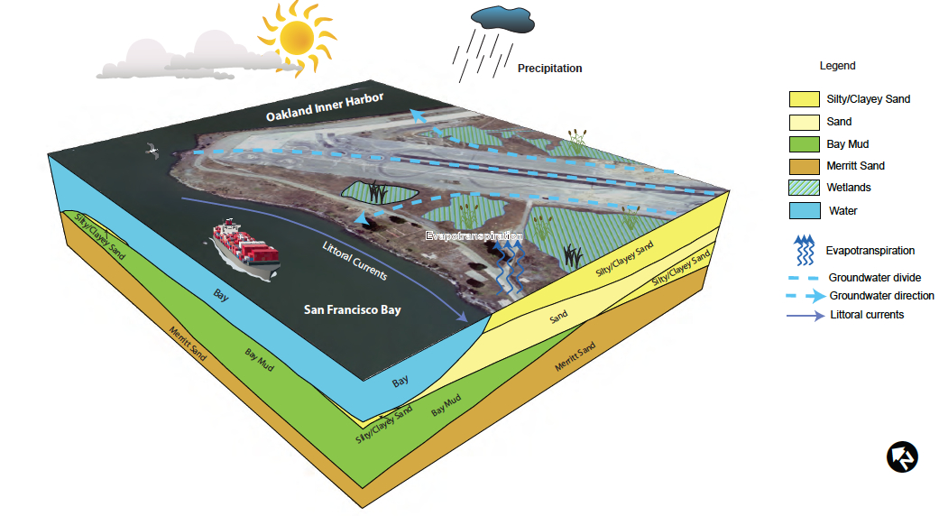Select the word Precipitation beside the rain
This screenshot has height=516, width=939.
[549, 69]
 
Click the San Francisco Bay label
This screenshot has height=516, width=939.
[352, 310]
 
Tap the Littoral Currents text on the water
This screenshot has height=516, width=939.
[354, 261]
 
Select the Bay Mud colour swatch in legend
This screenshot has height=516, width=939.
[802, 144]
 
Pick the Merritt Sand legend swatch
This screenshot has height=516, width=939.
[802, 166]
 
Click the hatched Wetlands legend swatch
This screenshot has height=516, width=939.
[802, 189]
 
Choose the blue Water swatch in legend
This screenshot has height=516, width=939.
[802, 211]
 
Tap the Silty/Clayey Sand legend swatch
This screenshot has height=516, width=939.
[802, 99]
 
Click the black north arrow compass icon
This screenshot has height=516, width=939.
[902, 456]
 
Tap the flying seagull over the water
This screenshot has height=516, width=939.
[151, 150]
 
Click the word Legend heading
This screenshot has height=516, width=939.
[837, 66]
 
